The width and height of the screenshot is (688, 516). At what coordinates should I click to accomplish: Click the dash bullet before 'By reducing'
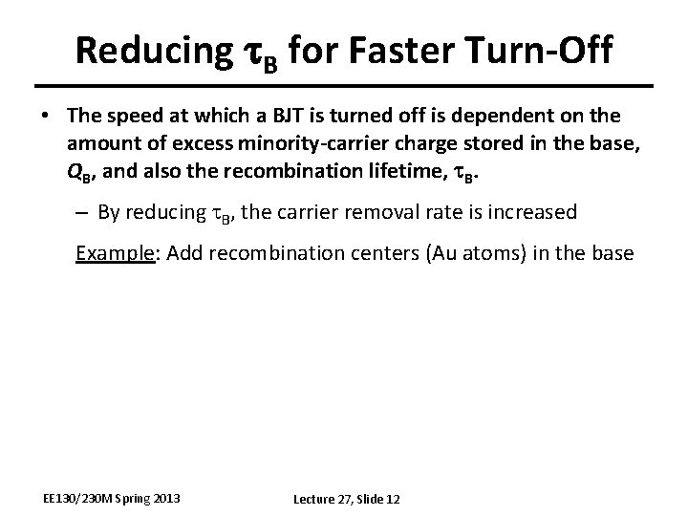pos(81,212)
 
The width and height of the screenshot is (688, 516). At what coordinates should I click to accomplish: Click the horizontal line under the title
pos(344,88)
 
